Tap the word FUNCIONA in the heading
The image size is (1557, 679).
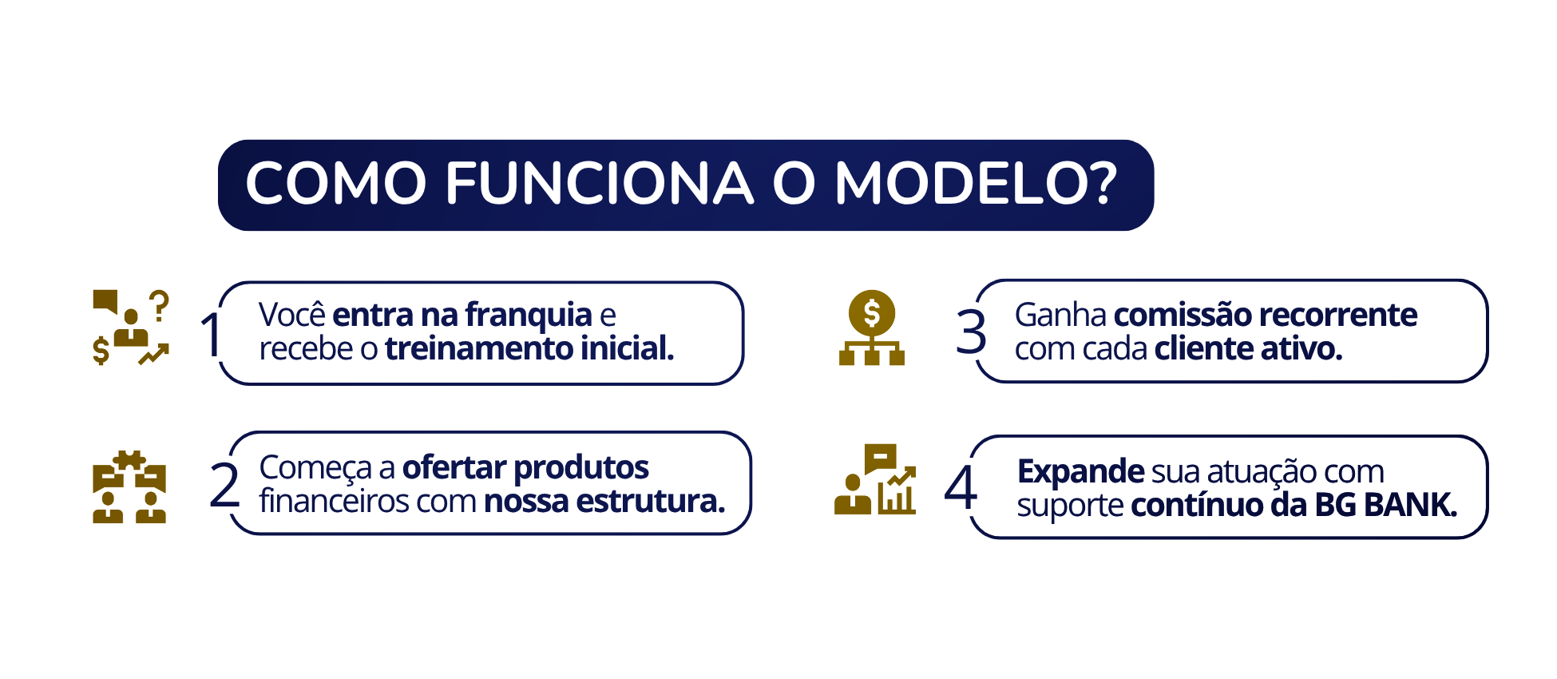(599, 183)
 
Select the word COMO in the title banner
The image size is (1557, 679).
(336, 183)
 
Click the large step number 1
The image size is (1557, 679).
(211, 334)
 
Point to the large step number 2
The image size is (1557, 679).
(224, 485)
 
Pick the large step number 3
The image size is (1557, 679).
(971, 332)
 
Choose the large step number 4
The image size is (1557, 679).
(961, 486)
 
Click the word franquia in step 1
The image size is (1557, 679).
(529, 316)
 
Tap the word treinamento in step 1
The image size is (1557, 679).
(479, 348)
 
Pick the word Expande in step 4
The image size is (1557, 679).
(1081, 472)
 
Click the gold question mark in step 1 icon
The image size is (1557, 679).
(160, 305)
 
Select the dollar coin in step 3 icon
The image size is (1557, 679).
(872, 312)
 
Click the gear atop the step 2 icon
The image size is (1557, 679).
(129, 460)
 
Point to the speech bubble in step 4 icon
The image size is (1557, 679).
(880, 459)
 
